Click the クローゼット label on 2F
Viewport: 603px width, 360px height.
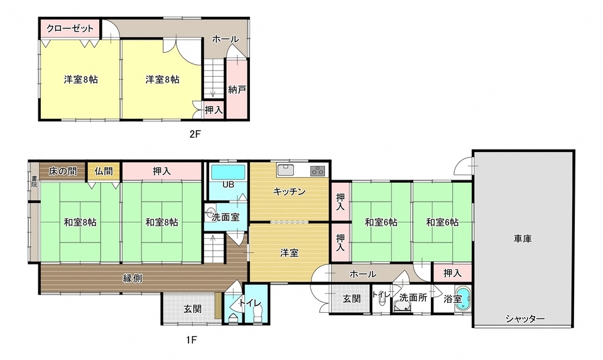pos(70,29)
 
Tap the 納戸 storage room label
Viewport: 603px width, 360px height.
pos(237,89)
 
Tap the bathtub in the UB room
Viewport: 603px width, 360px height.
pos(229,172)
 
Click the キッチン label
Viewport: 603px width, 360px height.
pos(289,192)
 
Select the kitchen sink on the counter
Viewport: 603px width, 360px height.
pos(286,170)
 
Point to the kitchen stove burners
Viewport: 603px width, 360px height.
pos(317,170)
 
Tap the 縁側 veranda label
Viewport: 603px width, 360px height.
pos(132,278)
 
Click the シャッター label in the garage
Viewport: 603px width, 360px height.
pos(524,319)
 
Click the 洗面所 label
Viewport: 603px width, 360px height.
pos(413,298)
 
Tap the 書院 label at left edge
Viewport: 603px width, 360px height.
pos(34,182)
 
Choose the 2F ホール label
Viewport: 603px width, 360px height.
pos(225,39)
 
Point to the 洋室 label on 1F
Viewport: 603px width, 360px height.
pos(289,253)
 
